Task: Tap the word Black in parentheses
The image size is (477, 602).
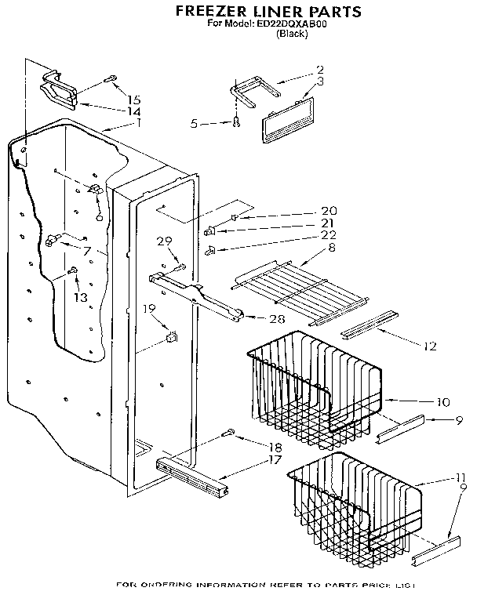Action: pyautogui.click(x=291, y=33)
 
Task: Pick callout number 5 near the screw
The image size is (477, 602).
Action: pyautogui.click(x=194, y=122)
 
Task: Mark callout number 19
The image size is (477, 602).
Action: pyautogui.click(x=147, y=308)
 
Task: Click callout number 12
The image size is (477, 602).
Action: pyautogui.click(x=428, y=345)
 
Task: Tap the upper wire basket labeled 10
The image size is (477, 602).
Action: pyautogui.click(x=314, y=384)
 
